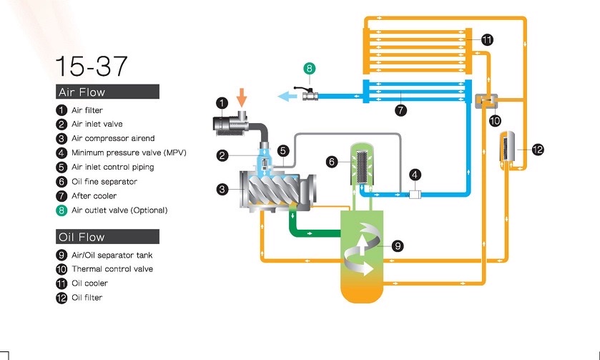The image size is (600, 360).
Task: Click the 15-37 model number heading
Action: click(92, 66)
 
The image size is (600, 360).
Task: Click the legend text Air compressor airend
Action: click(113, 139)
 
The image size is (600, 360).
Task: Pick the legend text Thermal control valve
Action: click(112, 269)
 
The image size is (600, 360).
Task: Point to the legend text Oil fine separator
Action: click(104, 182)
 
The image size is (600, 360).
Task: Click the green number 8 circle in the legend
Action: click(62, 210)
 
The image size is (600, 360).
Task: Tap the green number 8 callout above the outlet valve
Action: click(309, 69)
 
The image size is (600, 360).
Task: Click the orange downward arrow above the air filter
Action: click(242, 97)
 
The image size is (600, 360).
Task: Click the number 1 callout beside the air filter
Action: click(222, 103)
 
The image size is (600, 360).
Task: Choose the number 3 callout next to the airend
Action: click(223, 190)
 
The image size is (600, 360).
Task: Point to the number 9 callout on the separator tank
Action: click(398, 245)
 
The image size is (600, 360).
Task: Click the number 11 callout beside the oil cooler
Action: click(487, 40)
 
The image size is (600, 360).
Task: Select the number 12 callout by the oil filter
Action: click(538, 150)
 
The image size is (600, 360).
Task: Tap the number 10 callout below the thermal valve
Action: click(495, 120)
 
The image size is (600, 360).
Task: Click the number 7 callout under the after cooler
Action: click(401, 110)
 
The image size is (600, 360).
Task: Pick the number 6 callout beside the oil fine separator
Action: click(331, 162)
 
